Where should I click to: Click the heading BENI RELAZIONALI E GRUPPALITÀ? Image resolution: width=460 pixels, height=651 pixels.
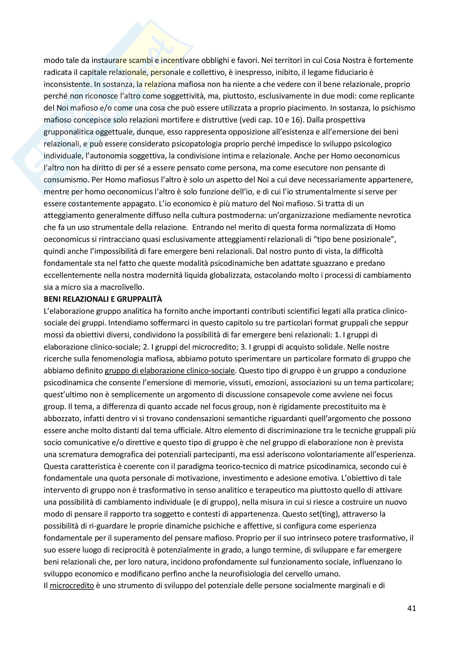tap(103, 299)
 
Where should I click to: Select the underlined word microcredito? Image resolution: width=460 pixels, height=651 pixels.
tap(72, 586)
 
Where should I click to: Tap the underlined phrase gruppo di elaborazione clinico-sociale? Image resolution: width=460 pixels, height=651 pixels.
tap(170, 370)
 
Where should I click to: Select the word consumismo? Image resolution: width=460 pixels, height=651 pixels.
tap(65, 180)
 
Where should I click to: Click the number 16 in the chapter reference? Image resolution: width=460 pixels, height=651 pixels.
tap(296, 120)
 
